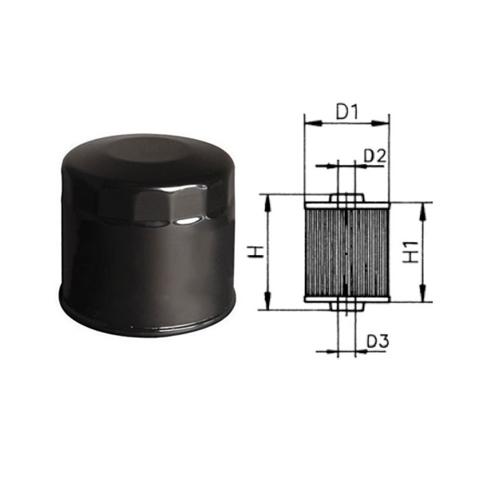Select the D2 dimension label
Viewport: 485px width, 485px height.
point(375,156)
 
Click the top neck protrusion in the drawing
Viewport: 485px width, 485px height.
point(346,198)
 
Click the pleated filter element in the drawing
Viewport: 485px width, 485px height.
point(346,252)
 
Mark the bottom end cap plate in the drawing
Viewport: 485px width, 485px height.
point(346,298)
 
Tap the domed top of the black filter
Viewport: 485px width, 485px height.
point(145,152)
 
